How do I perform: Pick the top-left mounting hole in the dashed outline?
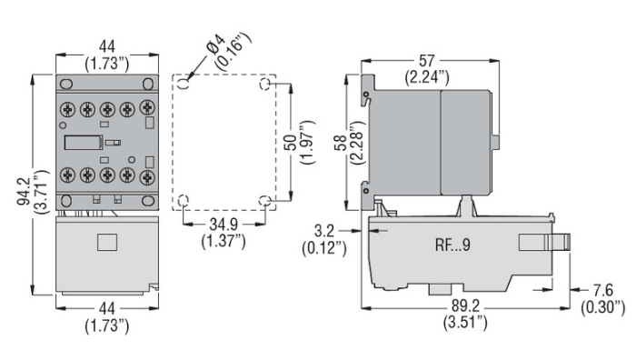pos(184,83)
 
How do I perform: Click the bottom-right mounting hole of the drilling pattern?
pos(264,200)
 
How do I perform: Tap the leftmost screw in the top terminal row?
pos(67,108)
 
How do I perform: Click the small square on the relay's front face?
pos(107,242)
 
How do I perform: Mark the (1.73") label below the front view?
pos(106,324)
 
